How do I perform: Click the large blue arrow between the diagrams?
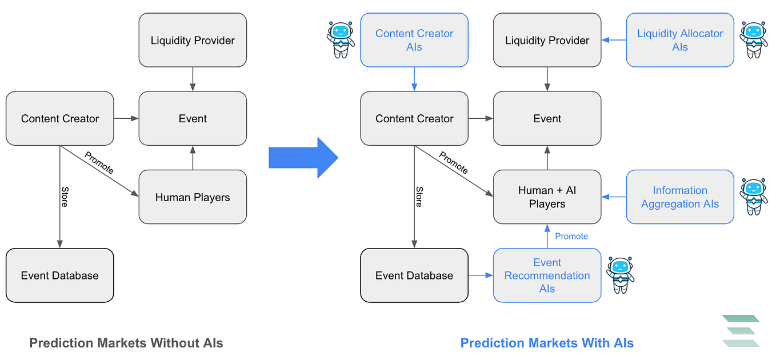coord(303,157)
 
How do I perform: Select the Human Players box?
coord(193,197)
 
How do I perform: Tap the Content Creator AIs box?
coord(414,41)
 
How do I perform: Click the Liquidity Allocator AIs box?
coord(680,41)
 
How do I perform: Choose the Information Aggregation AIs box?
coord(680,197)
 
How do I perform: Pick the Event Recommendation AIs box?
coord(547,275)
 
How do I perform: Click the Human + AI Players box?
coord(547,197)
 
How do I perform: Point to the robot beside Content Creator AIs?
coord(341,40)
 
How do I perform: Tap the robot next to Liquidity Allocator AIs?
coord(754,40)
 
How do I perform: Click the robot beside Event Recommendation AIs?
coord(621,275)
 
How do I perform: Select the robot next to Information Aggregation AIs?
coord(754,197)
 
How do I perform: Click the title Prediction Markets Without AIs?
coord(126,343)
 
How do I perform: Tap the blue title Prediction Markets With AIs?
coord(547,343)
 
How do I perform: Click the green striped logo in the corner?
coord(741,331)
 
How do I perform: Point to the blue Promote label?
coord(571,236)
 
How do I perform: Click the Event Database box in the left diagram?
coord(60,275)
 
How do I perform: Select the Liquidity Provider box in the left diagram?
coord(193,41)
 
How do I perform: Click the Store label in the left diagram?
coord(65,196)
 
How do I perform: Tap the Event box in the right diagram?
coord(547,119)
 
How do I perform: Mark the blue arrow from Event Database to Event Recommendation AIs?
coord(481,275)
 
